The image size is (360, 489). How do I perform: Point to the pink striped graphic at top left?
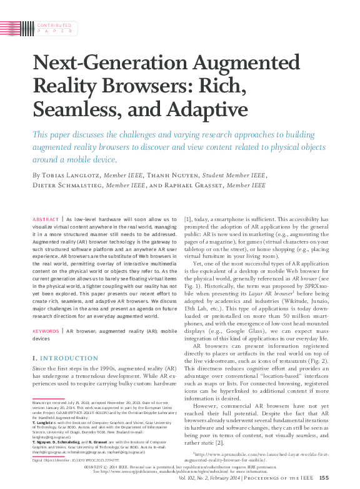coord(15,27)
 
